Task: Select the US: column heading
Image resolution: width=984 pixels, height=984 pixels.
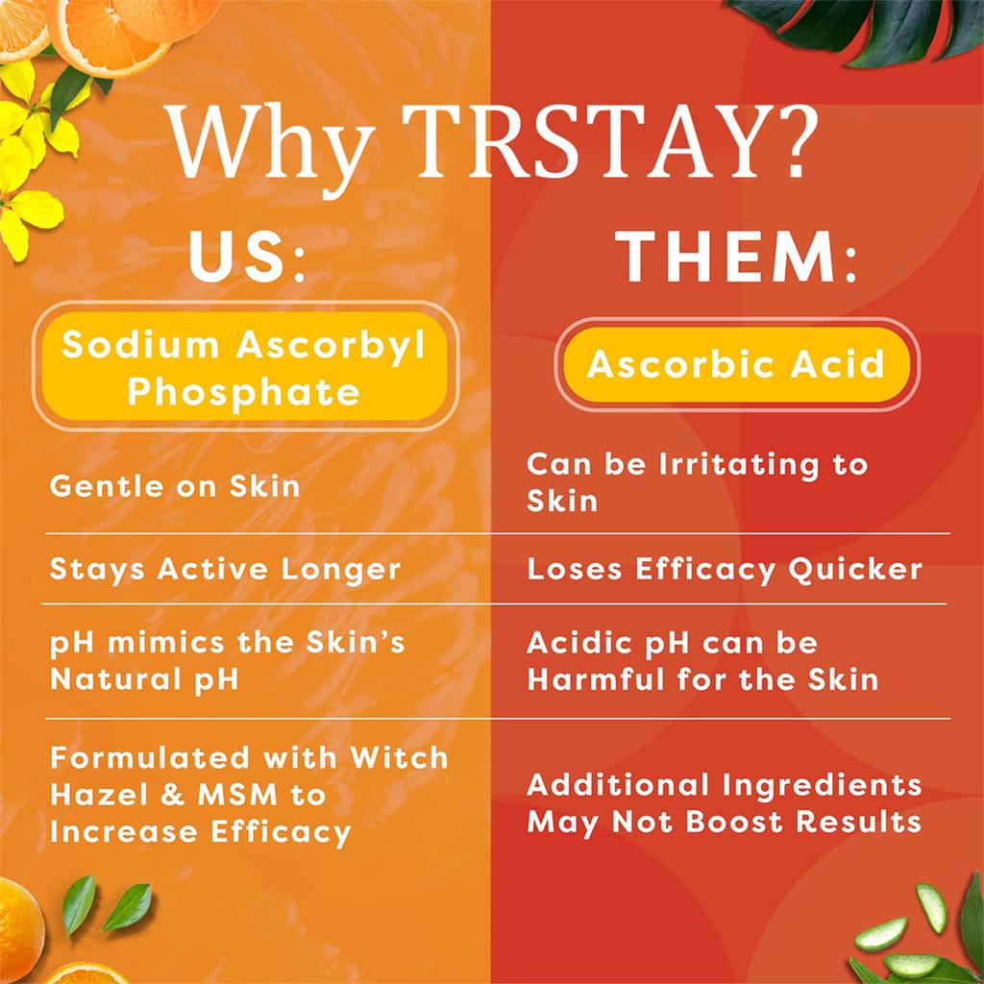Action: tap(247, 257)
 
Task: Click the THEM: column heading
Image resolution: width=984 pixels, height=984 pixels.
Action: tap(736, 257)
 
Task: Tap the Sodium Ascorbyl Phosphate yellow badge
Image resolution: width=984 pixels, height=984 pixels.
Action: tap(245, 366)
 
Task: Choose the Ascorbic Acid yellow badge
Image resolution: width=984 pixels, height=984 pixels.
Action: tap(737, 364)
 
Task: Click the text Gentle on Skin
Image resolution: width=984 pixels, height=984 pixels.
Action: tap(175, 486)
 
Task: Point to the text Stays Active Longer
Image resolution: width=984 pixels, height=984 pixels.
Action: tap(225, 570)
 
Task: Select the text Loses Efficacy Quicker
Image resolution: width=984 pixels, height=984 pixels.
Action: tap(725, 570)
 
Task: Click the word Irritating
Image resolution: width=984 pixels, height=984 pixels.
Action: tap(739, 465)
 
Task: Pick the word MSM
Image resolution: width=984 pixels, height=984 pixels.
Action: tap(237, 795)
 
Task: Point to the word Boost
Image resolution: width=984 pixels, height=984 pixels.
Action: tap(736, 822)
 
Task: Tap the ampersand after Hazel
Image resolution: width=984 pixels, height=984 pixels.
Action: tap(173, 795)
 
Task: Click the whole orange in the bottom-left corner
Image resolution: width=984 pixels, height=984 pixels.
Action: tap(21, 922)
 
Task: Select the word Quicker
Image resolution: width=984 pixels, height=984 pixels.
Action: tap(855, 570)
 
